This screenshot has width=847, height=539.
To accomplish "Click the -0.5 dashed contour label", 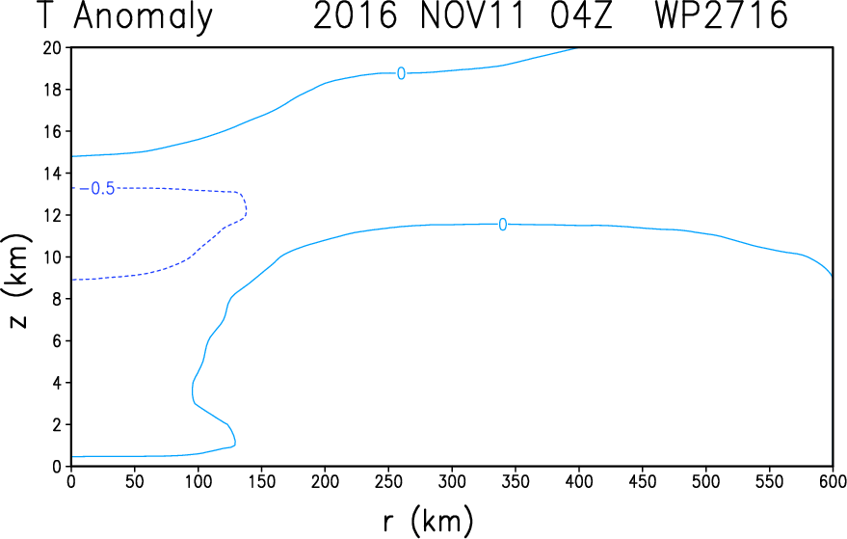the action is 97,189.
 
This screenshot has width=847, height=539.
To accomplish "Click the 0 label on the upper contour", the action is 401,73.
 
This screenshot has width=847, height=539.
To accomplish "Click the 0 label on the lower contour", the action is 502,225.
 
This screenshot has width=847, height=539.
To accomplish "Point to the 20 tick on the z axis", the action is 52,48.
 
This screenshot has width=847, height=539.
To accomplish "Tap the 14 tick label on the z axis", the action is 52,174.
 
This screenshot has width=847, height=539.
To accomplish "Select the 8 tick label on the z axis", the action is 57,299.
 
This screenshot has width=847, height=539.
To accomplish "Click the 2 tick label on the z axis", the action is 57,425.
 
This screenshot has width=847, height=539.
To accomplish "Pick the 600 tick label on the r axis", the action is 832,481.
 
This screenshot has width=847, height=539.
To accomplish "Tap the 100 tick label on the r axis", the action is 198,481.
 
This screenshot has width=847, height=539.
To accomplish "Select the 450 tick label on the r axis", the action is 642,481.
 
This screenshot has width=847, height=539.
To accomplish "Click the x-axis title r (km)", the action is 428,522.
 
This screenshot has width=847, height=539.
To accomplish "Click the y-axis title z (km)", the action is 18,282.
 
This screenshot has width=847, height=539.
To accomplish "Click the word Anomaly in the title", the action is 144,16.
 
